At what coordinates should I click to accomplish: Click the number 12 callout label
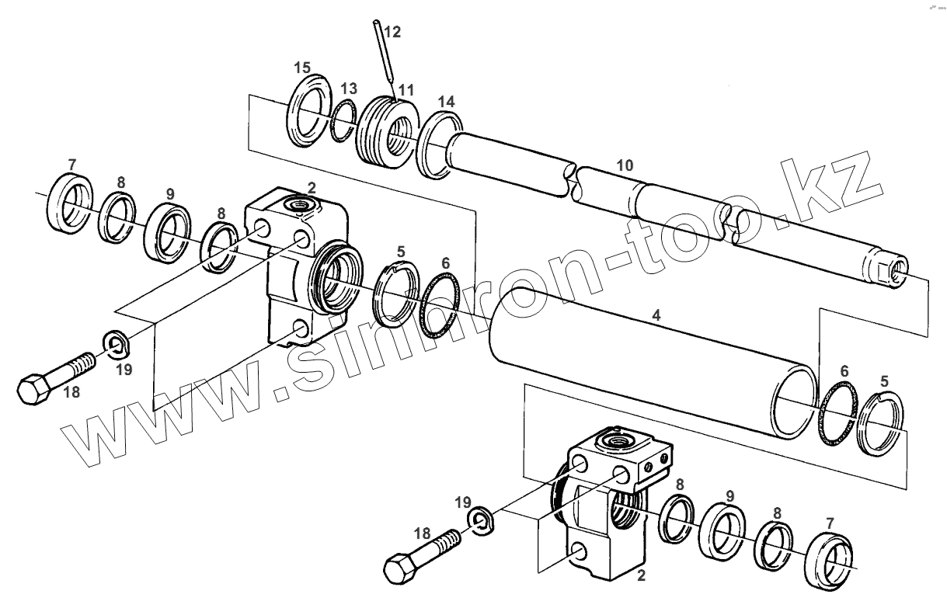(392, 32)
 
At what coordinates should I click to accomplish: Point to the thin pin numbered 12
(382, 51)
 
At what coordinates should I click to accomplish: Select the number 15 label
(302, 68)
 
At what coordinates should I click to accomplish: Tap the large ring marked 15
(309, 108)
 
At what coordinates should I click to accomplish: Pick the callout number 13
(349, 89)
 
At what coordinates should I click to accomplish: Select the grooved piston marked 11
(384, 130)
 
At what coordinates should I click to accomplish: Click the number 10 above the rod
(625, 165)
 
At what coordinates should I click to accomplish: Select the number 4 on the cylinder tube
(656, 316)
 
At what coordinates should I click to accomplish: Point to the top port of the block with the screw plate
(618, 441)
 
